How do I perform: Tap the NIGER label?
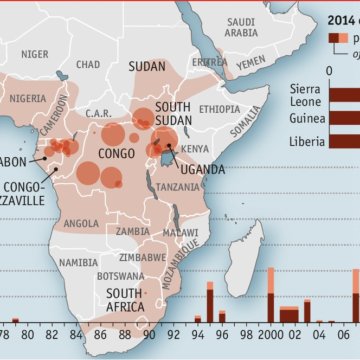click(x=35, y=54)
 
